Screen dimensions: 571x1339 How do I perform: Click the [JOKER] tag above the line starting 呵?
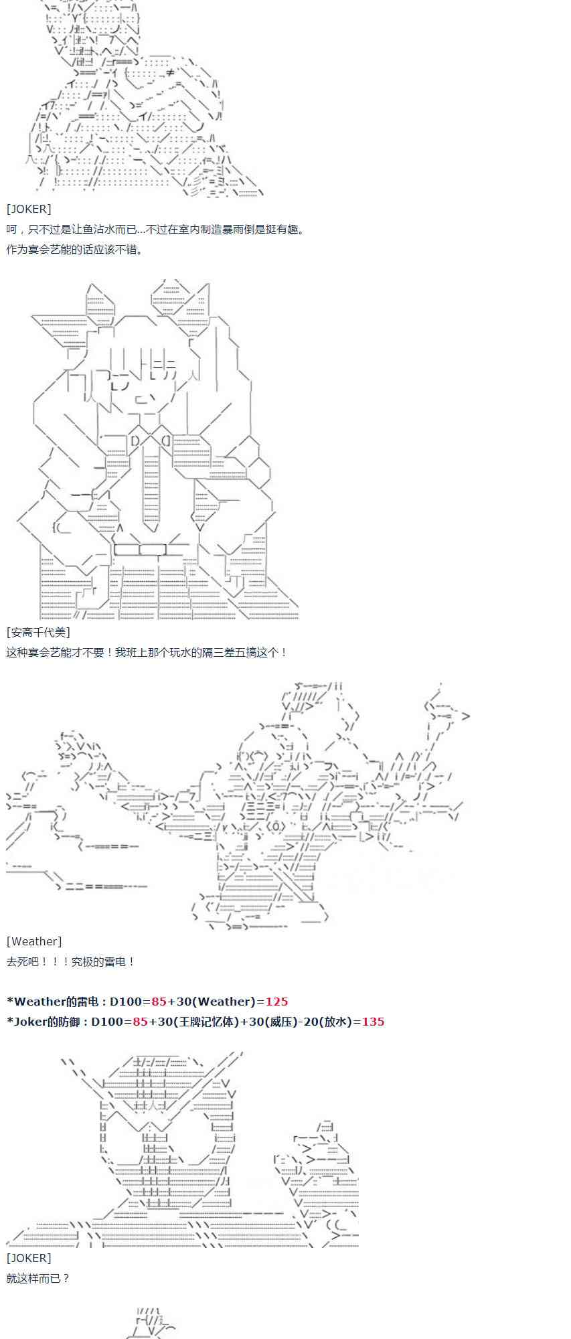pyautogui.click(x=29, y=209)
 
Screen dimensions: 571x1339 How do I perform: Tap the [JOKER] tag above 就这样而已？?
pyautogui.click(x=29, y=1258)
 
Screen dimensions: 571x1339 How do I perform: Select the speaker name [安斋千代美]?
pyautogui.click(x=38, y=632)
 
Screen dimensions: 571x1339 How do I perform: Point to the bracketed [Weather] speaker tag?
pyautogui.click(x=34, y=941)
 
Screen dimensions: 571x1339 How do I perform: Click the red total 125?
pyautogui.click(x=276, y=1002)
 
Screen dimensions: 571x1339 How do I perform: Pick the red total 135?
pyautogui.click(x=373, y=1022)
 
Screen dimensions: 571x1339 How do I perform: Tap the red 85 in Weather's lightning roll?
pyautogui.click(x=159, y=1002)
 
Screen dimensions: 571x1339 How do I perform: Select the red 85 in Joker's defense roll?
pyautogui.click(x=140, y=1022)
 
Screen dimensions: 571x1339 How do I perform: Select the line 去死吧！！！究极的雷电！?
pyautogui.click(x=71, y=961)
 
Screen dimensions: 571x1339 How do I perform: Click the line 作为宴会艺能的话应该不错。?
pyautogui.click(x=75, y=250)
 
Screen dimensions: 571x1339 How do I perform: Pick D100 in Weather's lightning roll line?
pyautogui.click(x=127, y=1002)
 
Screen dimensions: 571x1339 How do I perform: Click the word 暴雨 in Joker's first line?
pyautogui.click(x=226, y=230)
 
